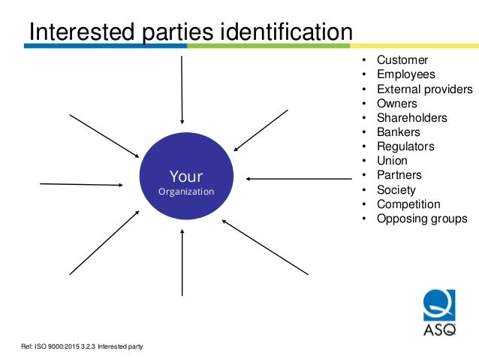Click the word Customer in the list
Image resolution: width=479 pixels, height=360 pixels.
pos(402,60)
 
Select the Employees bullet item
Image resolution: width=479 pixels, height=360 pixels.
pos(405,74)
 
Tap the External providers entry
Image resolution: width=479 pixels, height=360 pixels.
pos(424,89)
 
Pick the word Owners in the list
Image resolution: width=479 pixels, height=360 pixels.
pos(397,103)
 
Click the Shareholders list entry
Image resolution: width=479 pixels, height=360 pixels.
pos(411,117)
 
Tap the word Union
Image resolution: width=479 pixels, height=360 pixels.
pos(392,161)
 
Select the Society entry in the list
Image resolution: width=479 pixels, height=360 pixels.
pos(396,190)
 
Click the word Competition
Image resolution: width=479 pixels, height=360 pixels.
pos(408,204)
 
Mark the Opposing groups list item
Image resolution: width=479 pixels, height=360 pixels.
pos(421,219)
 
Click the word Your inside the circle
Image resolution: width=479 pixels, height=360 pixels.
pos(185,177)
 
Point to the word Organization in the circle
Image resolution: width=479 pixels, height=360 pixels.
pos(185,192)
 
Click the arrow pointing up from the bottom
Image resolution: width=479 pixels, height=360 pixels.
pos(182,262)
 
